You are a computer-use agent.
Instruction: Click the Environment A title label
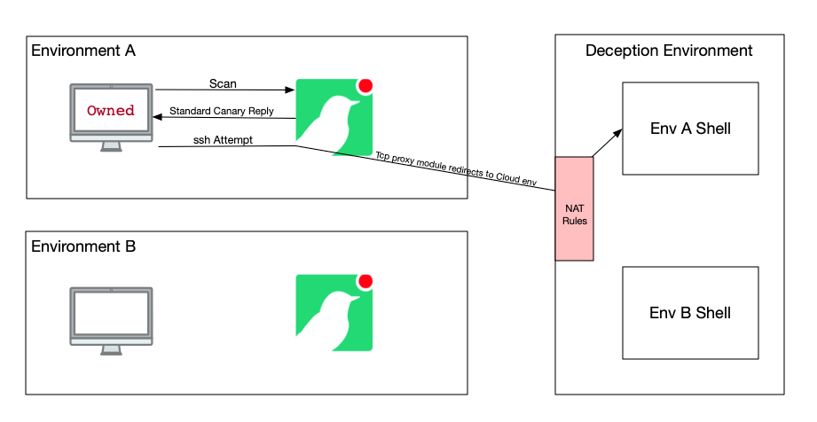point(83,51)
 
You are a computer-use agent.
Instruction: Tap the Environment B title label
point(83,246)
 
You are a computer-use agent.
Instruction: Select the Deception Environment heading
point(669,51)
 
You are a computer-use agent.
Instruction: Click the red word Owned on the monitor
point(111,111)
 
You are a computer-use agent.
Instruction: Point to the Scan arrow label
point(223,83)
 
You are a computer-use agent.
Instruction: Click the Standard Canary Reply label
point(221,112)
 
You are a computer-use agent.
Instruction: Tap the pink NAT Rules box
point(574,209)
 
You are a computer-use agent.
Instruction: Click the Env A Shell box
point(690,129)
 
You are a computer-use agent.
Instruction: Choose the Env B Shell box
point(690,312)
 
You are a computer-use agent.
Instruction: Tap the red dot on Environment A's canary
point(365,86)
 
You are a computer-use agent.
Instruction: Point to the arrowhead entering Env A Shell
point(617,129)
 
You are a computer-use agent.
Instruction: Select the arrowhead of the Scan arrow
point(291,90)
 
